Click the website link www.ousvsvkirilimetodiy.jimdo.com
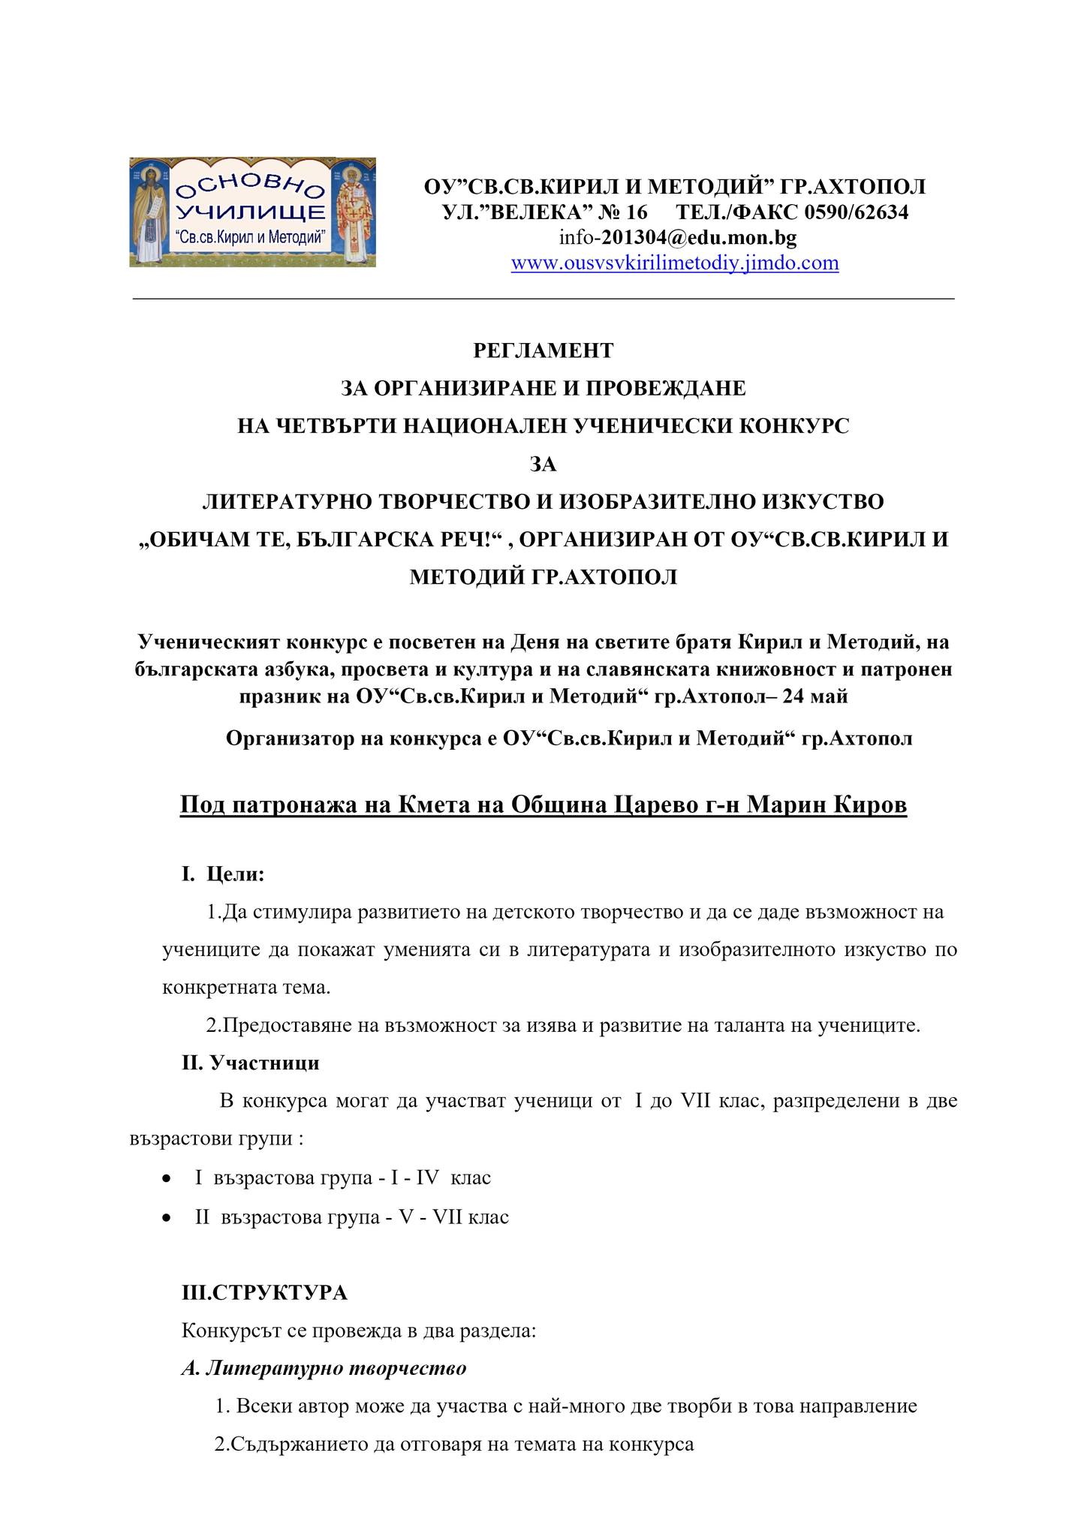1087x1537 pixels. click(674, 263)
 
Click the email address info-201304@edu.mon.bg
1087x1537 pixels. click(677, 238)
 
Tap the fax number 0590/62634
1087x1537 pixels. click(856, 212)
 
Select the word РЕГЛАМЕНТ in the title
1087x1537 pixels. click(543, 350)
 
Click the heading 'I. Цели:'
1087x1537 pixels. click(223, 874)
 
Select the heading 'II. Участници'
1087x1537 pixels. click(251, 1063)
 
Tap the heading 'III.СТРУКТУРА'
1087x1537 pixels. click(264, 1293)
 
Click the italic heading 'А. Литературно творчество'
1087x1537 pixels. click(324, 1368)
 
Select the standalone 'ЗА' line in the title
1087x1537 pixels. click(543, 465)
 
